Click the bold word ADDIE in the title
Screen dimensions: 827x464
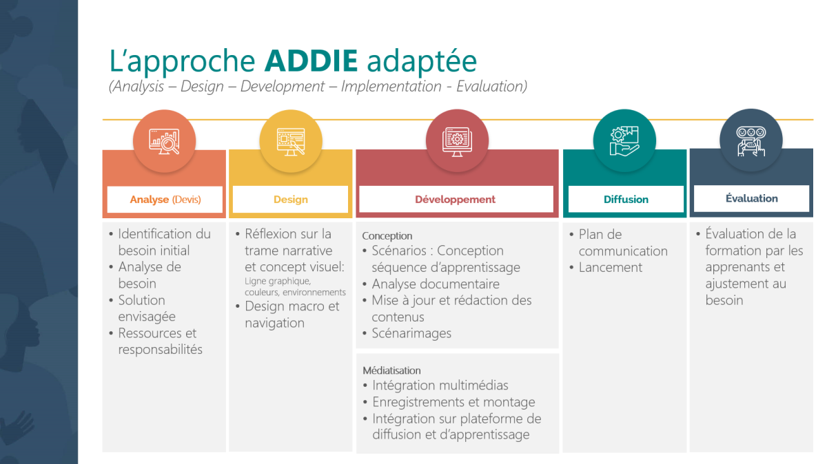pyautogui.click(x=311, y=61)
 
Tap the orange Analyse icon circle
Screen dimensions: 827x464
pyautogui.click(x=164, y=141)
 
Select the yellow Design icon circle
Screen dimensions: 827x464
pyautogui.click(x=291, y=141)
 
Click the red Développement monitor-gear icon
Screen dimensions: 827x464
pyautogui.click(x=457, y=142)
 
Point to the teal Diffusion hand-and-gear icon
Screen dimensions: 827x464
pyautogui.click(x=624, y=141)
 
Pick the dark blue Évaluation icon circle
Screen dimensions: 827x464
pyautogui.click(x=751, y=140)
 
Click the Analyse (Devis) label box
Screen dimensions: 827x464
pyautogui.click(x=165, y=200)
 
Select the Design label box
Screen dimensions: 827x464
pyautogui.click(x=291, y=200)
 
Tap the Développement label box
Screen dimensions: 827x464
pyautogui.click(x=456, y=200)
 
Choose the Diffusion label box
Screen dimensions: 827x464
pyautogui.click(x=626, y=200)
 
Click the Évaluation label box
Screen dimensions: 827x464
pyautogui.click(x=752, y=198)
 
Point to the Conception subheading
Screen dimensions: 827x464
pyautogui.click(x=387, y=236)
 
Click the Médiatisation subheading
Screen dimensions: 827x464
pyautogui.click(x=391, y=370)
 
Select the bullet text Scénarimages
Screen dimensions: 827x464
pyautogui.click(x=411, y=333)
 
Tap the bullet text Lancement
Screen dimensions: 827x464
pyautogui.click(x=611, y=267)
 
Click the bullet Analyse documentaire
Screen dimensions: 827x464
pyautogui.click(x=436, y=284)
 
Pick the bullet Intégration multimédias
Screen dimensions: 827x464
pyautogui.click(x=440, y=386)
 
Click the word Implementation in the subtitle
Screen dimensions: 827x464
pyautogui.click(x=391, y=86)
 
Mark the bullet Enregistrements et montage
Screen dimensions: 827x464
pyautogui.click(x=453, y=402)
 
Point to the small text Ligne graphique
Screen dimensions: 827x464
pyautogui.click(x=278, y=281)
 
